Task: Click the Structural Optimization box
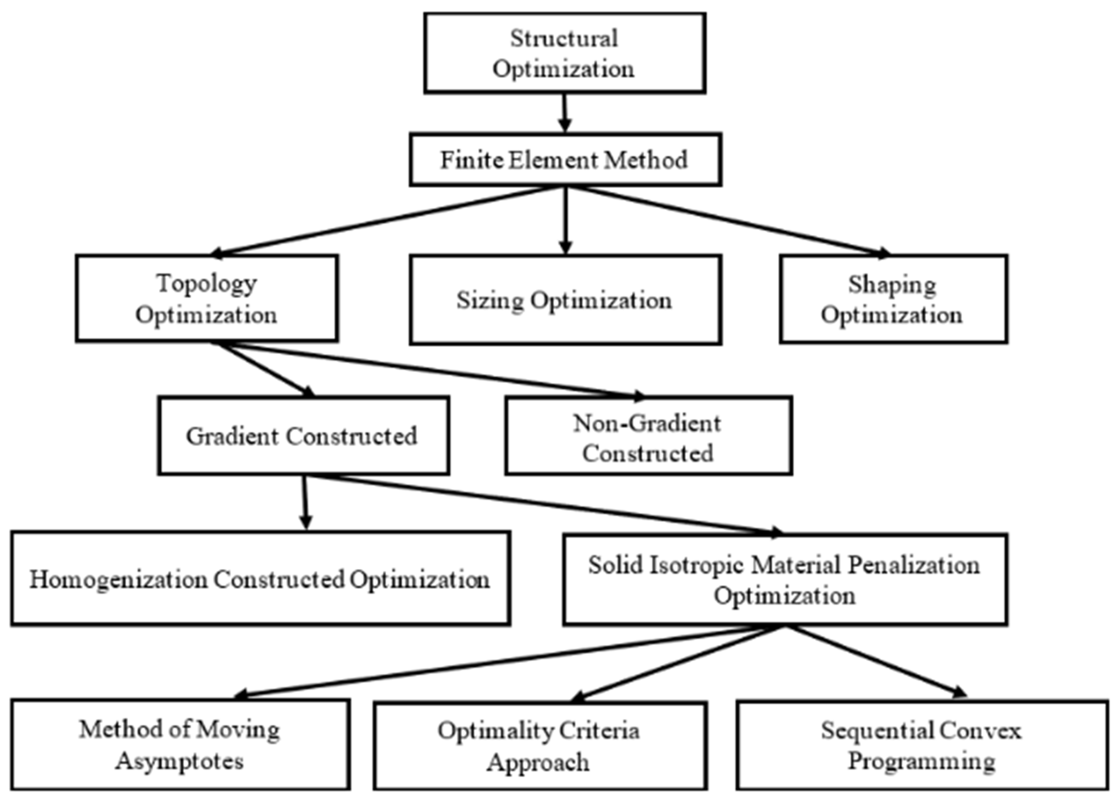pyautogui.click(x=565, y=53)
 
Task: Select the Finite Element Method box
pyautogui.click(x=565, y=160)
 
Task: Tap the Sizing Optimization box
pyautogui.click(x=565, y=300)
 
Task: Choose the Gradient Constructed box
pyautogui.click(x=303, y=436)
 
